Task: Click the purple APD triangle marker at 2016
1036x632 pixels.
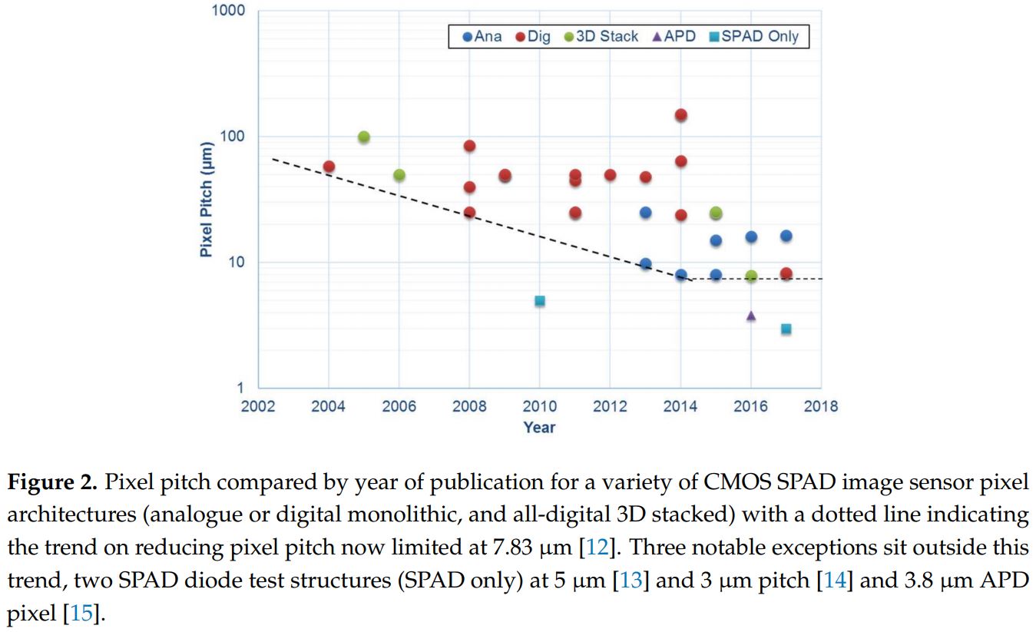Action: (x=750, y=316)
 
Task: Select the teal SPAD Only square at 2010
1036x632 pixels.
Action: (x=540, y=301)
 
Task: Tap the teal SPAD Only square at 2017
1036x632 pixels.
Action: (x=786, y=329)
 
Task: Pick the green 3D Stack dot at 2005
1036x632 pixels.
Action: (x=364, y=137)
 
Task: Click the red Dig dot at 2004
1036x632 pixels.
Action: (x=329, y=167)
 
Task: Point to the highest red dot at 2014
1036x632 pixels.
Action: (x=680, y=115)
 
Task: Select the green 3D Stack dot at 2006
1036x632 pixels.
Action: (x=399, y=175)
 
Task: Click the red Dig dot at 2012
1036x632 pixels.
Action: (x=610, y=175)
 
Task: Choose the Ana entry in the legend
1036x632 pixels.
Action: (x=482, y=36)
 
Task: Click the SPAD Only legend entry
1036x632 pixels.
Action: (x=754, y=36)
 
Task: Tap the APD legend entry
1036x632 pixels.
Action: (x=674, y=36)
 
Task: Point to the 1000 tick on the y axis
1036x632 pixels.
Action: (x=229, y=11)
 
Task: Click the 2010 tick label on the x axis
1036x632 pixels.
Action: (x=540, y=406)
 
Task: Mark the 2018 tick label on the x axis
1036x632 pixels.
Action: (x=821, y=406)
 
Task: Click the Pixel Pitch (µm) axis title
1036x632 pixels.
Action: (x=206, y=199)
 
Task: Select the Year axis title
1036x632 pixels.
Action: (x=539, y=427)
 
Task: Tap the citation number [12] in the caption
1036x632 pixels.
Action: (x=591, y=548)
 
